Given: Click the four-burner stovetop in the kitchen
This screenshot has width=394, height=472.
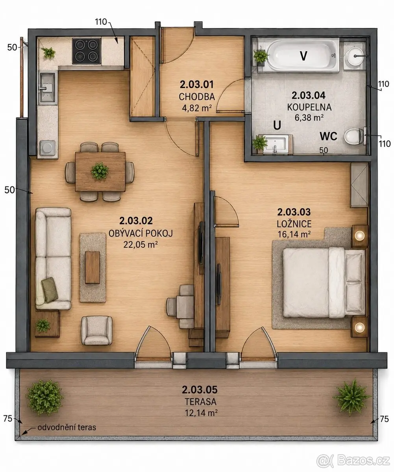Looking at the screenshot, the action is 87,51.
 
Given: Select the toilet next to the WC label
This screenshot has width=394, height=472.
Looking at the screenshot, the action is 354,136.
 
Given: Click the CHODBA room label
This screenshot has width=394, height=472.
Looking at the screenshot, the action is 197,97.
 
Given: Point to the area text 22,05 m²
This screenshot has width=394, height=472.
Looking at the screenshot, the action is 140,244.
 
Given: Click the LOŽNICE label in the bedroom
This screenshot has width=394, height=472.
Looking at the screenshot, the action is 294,224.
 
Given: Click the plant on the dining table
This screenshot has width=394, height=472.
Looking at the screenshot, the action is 100,171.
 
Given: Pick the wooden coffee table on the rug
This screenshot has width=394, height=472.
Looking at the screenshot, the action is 92,267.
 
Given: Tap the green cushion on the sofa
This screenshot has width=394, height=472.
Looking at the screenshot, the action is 49,289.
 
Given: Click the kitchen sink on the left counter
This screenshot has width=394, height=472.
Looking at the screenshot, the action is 47,87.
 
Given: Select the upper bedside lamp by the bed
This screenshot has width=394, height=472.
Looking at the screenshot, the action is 359,236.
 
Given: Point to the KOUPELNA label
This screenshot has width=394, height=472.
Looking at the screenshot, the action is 309,107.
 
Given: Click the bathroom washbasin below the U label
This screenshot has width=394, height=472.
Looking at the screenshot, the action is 276,144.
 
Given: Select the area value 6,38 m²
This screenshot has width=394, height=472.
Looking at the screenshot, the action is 309,118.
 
